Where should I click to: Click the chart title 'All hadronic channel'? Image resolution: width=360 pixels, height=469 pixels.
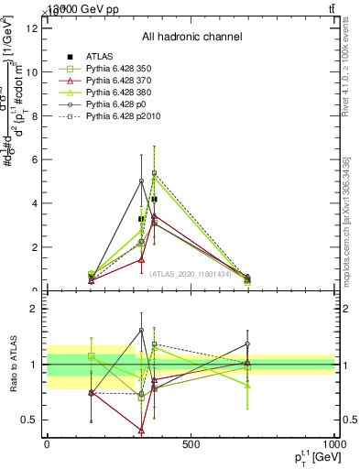(191, 37)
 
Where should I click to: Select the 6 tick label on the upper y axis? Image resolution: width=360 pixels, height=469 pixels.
(35, 159)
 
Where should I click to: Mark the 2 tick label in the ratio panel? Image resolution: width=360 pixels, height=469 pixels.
(35, 309)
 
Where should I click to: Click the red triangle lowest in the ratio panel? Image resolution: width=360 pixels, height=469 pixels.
(141, 430)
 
